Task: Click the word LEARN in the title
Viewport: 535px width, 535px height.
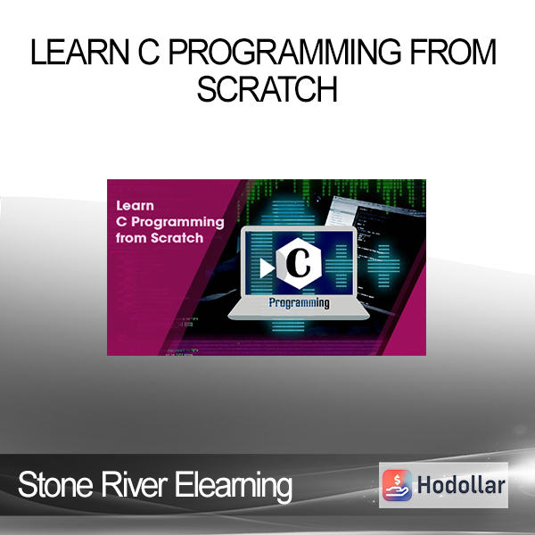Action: (x=80, y=52)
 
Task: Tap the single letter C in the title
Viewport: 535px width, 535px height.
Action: (x=149, y=52)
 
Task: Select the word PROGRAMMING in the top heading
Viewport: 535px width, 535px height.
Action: (x=285, y=52)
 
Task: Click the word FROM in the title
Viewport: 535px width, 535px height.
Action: (x=453, y=52)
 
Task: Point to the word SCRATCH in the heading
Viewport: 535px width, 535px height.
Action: (x=267, y=88)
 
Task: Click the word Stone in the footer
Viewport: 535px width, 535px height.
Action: (x=55, y=484)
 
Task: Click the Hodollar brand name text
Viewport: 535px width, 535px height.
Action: (x=461, y=485)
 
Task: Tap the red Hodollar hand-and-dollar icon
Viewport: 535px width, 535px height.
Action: (x=397, y=485)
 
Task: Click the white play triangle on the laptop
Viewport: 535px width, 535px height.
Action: (x=267, y=267)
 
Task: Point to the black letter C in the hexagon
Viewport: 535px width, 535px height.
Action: (x=298, y=263)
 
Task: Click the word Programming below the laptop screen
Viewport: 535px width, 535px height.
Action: (x=300, y=303)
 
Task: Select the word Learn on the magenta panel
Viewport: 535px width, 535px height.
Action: (x=136, y=206)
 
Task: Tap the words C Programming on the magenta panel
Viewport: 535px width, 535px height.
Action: (x=170, y=222)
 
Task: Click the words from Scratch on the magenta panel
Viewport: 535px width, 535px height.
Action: (x=160, y=238)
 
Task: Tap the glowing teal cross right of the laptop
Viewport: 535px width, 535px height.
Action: (x=383, y=266)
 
